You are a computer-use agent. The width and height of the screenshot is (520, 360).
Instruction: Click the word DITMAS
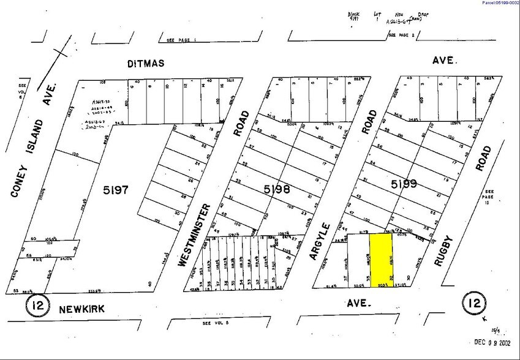click(x=147, y=63)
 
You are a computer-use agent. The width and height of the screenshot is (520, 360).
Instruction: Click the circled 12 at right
click(x=474, y=303)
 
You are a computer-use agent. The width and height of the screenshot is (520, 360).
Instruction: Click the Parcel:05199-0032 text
click(x=499, y=3)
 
